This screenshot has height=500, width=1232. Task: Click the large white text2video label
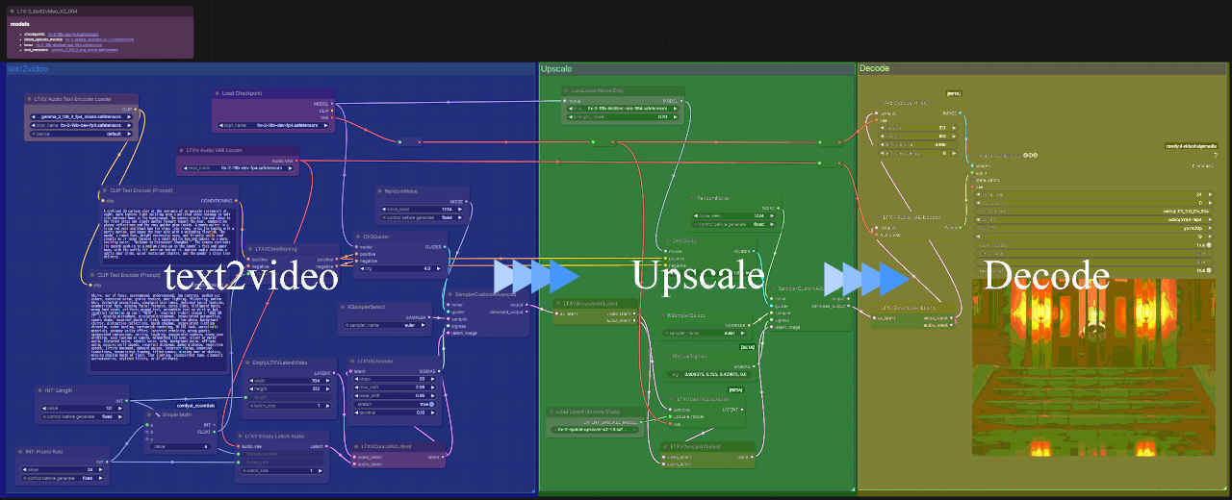pyautogui.click(x=250, y=277)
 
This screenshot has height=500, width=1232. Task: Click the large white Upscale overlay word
pyautogui.click(x=698, y=276)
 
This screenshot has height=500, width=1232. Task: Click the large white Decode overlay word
pyautogui.click(x=1046, y=276)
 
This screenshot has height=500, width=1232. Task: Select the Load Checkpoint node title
pyautogui.click(x=243, y=93)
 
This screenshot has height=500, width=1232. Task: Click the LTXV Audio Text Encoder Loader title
pyautogui.click(x=73, y=99)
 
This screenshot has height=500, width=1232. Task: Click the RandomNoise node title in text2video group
pyautogui.click(x=401, y=190)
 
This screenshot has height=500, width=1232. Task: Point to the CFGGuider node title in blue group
pyautogui.click(x=375, y=236)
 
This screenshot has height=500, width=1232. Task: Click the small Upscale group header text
pyautogui.click(x=557, y=69)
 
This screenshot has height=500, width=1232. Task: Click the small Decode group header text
pyautogui.click(x=874, y=69)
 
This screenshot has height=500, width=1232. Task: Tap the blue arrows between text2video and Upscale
pyautogui.click(x=535, y=276)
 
